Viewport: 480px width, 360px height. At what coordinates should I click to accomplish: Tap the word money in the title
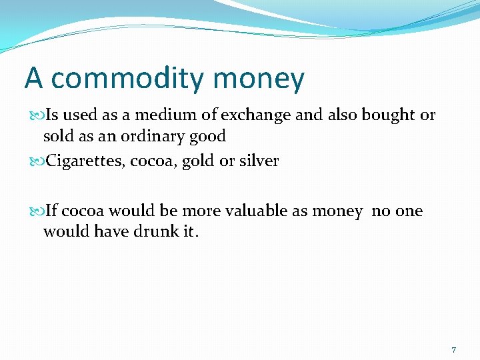259,79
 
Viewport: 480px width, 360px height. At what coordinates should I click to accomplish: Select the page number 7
453,350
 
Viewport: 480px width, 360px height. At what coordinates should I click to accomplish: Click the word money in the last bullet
337,212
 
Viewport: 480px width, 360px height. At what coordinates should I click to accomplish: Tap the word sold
58,137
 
